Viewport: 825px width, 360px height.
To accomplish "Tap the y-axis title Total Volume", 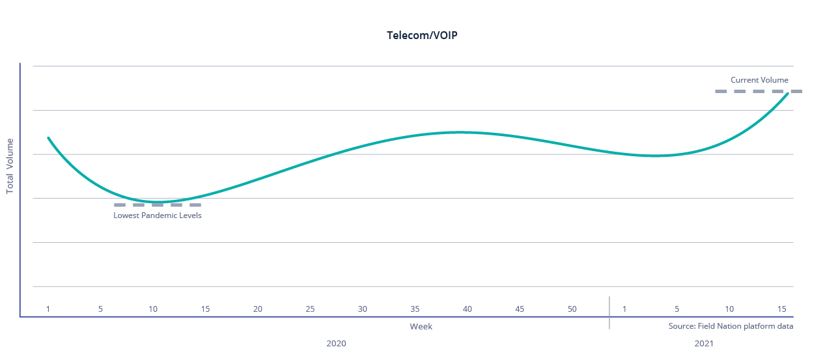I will (x=10, y=166).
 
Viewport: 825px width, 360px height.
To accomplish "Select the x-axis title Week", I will (x=421, y=326).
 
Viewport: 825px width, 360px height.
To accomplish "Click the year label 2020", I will (x=336, y=343).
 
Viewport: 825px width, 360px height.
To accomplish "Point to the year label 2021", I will (x=704, y=343).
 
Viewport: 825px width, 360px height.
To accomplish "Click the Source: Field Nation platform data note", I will (x=731, y=326).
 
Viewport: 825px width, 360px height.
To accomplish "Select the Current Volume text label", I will (x=759, y=80).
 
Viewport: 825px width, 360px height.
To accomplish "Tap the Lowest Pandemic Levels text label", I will (x=158, y=215).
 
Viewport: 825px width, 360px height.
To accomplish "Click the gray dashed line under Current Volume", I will (x=758, y=92).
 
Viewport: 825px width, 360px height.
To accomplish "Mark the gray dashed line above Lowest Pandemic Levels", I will (x=158, y=205).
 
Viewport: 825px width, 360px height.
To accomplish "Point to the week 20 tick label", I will (x=258, y=309).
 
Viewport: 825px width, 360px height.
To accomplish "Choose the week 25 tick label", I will (x=310, y=309).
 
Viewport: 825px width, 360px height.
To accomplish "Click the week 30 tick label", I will (x=363, y=309).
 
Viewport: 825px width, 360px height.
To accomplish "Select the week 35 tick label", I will (x=415, y=309).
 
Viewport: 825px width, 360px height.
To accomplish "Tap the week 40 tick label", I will (x=467, y=309).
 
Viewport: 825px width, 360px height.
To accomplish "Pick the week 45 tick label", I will (x=520, y=309).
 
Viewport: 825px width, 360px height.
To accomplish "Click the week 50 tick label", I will (x=572, y=309).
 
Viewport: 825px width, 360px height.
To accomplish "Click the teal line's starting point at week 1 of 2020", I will (x=48, y=138).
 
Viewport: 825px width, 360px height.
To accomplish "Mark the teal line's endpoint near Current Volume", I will (x=788, y=94).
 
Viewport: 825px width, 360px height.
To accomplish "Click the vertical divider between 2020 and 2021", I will (x=609, y=312).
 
